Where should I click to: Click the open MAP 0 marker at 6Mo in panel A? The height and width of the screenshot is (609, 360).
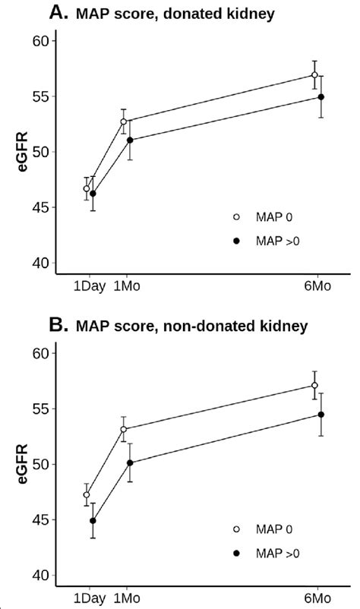[x=314, y=74]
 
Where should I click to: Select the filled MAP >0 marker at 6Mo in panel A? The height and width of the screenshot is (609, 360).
[x=321, y=97]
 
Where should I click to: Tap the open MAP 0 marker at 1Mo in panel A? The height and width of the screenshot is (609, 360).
[x=123, y=121]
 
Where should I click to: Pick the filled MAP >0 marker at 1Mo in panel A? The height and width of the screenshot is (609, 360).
[x=130, y=140]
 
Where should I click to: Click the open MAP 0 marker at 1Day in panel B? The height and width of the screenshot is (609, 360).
[x=87, y=494]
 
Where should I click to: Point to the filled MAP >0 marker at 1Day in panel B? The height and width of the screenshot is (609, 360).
[x=93, y=521]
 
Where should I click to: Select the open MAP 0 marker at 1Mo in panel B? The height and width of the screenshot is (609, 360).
[x=123, y=429]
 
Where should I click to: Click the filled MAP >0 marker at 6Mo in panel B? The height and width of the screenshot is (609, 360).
[x=321, y=415]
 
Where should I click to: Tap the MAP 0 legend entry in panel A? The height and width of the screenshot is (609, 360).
[x=258, y=216]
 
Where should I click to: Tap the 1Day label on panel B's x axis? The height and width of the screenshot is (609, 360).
[x=89, y=600]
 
